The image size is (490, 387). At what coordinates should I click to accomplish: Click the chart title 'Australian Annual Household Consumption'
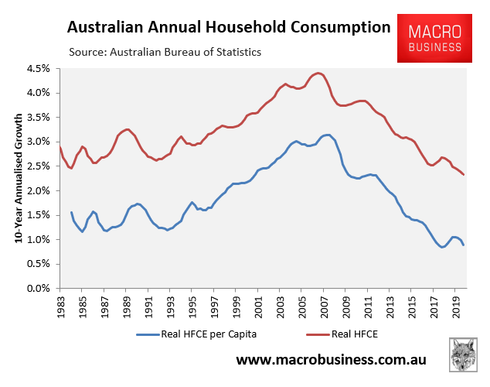pyautogui.click(x=229, y=28)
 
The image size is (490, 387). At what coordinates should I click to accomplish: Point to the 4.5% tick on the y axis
pyautogui.click(x=39, y=68)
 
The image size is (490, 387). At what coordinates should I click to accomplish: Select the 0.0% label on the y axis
pyautogui.click(x=39, y=289)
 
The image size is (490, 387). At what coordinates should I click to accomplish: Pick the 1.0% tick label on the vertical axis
pyautogui.click(x=39, y=240)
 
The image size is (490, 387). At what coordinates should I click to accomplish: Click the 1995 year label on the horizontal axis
pyautogui.click(x=192, y=307)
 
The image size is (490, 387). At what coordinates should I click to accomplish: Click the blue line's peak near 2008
pyautogui.click(x=326, y=135)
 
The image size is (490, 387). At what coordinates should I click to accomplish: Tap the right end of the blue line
pyautogui.click(x=464, y=245)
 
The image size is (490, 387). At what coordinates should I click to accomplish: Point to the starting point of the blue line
pyautogui.click(x=71, y=212)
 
